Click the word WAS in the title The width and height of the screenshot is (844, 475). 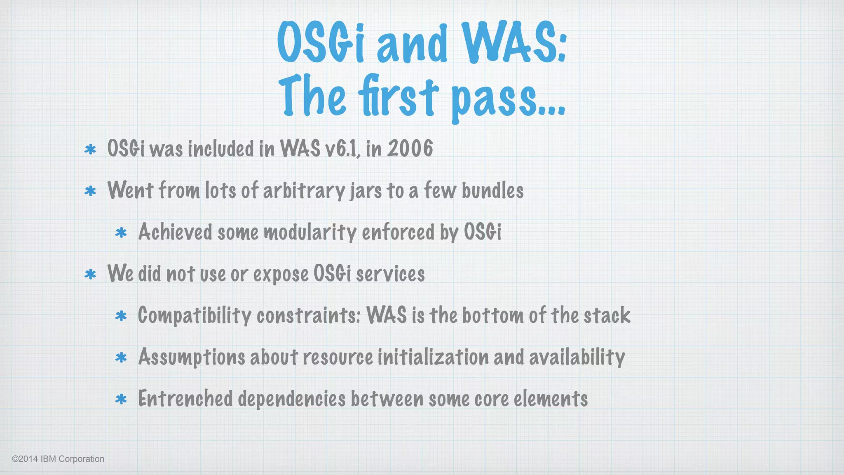(513, 42)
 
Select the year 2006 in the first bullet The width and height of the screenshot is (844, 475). (410, 148)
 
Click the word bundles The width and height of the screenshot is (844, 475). (492, 190)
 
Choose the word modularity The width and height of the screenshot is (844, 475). (310, 233)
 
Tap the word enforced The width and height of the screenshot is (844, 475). (398, 232)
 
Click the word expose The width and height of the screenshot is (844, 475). (281, 275)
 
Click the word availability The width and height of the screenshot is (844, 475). (577, 357)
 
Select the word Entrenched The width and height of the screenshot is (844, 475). (185, 399)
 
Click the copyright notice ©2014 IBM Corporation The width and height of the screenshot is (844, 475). (58, 459)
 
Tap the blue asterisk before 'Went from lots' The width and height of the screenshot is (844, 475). (90, 191)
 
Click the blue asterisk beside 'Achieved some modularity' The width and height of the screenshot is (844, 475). (121, 233)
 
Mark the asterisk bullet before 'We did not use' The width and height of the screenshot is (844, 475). (90, 275)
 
